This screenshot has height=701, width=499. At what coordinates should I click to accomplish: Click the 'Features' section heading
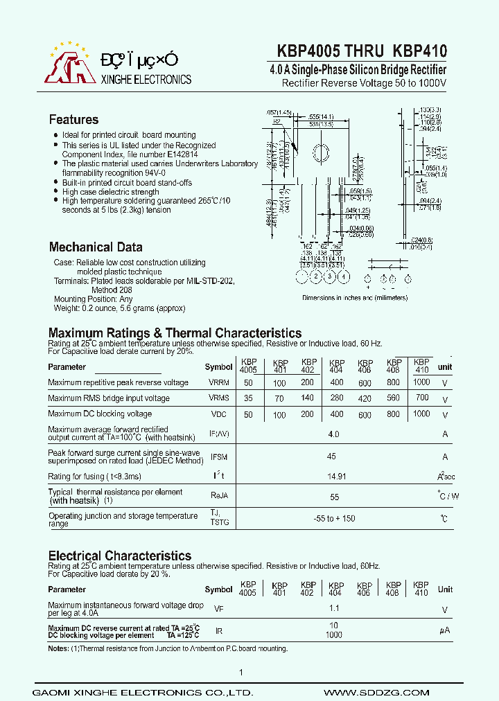pyautogui.click(x=73, y=119)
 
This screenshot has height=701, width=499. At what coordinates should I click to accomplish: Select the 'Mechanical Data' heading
pyautogui.click(x=96, y=247)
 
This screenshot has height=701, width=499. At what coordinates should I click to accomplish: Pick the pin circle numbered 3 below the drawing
pyautogui.click(x=330, y=277)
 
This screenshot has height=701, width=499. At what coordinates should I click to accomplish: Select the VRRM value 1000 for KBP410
pyautogui.click(x=421, y=382)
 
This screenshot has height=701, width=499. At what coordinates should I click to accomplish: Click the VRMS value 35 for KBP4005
pyautogui.click(x=247, y=398)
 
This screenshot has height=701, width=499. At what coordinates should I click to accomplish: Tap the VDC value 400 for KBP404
pyautogui.click(x=337, y=414)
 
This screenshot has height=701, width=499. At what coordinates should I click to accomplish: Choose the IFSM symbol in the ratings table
pyautogui.click(x=219, y=457)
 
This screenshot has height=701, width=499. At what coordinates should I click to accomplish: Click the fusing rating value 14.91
pyautogui.click(x=336, y=477)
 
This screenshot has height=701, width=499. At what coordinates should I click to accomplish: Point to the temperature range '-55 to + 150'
pyautogui.click(x=334, y=519)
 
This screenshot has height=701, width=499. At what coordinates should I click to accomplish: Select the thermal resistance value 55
pyautogui.click(x=334, y=497)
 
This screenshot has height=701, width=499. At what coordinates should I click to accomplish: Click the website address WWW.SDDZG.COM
pyautogui.click(x=367, y=693)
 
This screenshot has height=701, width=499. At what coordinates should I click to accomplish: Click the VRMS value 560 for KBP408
pyautogui.click(x=393, y=398)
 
